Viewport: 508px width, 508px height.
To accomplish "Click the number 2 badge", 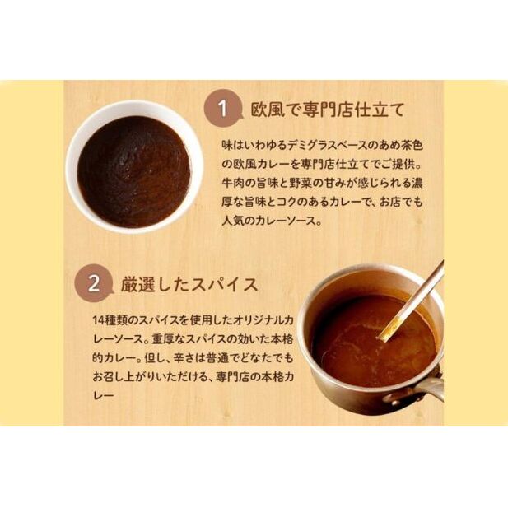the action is pos(94,283).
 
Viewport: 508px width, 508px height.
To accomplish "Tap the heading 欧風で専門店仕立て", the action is pos(328,110).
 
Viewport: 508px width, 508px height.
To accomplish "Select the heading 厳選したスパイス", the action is pos(189,285).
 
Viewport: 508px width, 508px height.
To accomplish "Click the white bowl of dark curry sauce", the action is pos(134,166).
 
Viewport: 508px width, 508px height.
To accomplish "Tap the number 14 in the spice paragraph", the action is pos(98,320).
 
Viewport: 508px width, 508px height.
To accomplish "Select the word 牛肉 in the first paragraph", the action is pos(232,183).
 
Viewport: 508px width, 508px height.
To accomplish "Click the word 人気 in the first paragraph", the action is pos(232,221).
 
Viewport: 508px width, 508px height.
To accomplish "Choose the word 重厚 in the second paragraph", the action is pos(162,339).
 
